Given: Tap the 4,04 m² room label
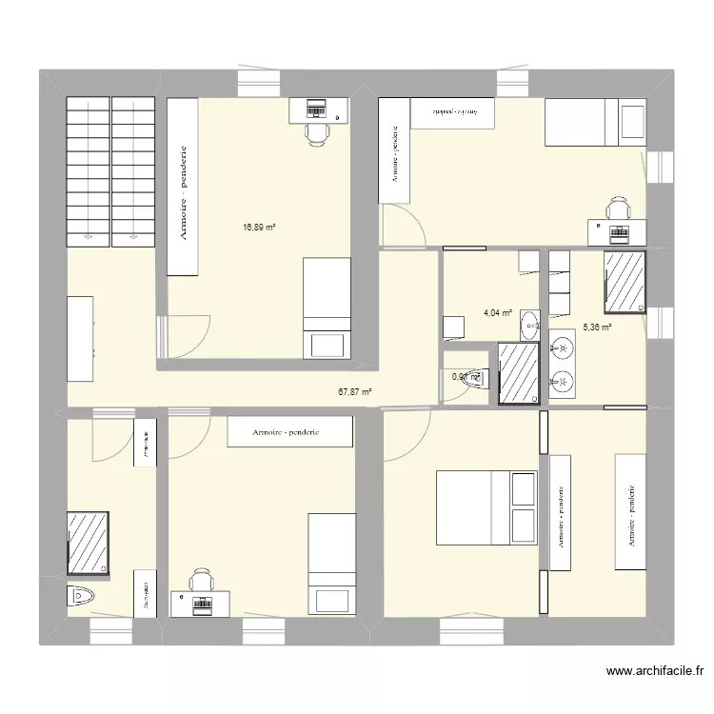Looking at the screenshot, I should tap(498, 312).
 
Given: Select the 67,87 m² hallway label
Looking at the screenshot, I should tap(355, 390).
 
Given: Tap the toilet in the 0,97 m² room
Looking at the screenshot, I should tap(475, 377).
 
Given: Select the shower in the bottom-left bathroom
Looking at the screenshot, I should tap(88, 544).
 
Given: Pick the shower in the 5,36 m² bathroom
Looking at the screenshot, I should tap(625, 282).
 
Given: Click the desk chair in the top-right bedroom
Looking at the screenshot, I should tap(618, 208).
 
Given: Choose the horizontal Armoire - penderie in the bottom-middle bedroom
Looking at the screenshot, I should tap(290, 432).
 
